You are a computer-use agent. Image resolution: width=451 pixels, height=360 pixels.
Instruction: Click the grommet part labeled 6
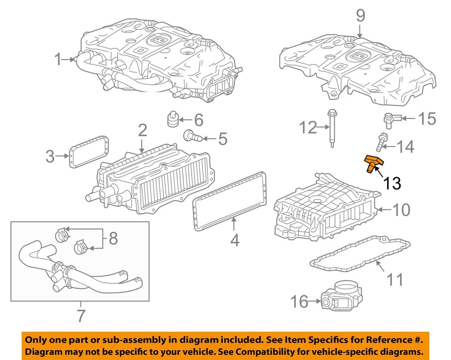pos(171,119)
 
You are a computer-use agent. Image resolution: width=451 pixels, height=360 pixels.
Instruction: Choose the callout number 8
pos(113,238)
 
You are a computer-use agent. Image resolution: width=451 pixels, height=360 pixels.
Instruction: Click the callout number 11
pos(396,280)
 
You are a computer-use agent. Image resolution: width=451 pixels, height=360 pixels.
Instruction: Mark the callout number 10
pos(400,209)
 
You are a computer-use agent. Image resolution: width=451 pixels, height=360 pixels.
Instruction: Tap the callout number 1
pos(58,59)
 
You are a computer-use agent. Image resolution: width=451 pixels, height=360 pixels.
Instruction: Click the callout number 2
pos(142,131)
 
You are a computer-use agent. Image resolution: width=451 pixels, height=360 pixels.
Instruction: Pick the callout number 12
pos(309,128)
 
